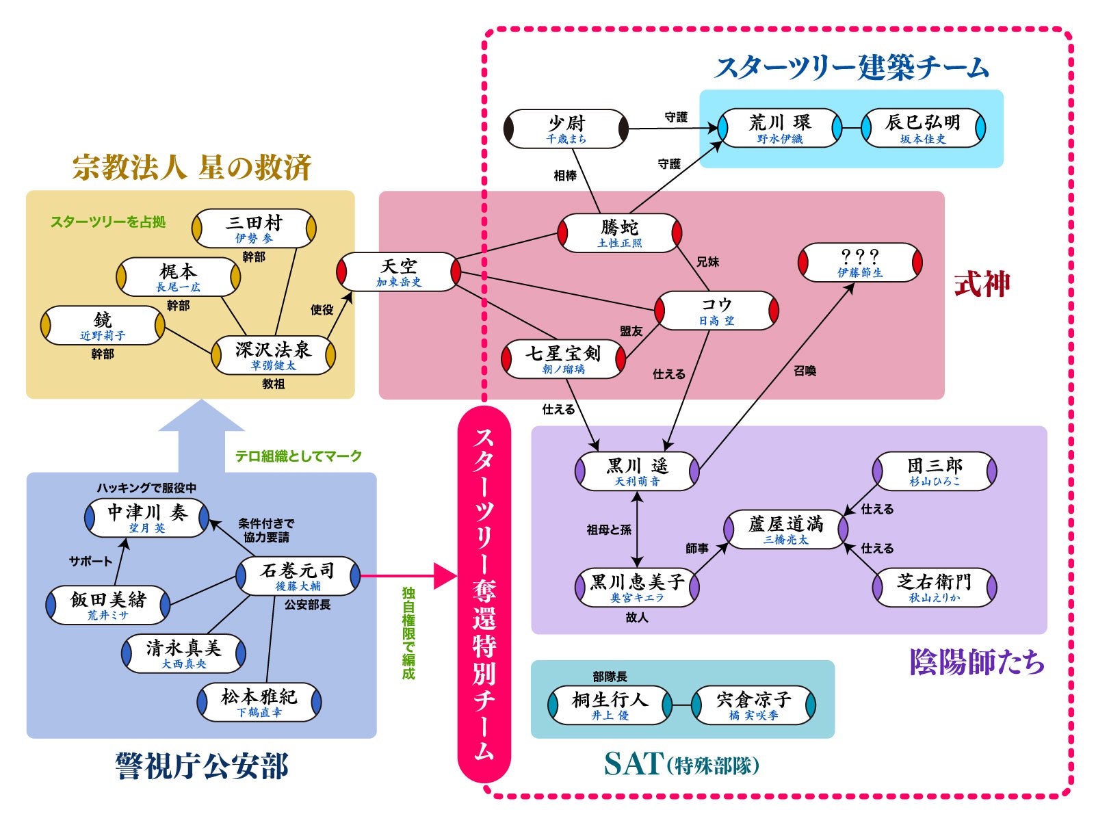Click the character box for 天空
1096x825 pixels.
pos(399,272)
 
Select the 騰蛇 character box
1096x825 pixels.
pos(620,233)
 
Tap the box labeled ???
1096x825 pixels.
pos(860,262)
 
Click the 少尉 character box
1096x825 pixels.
pos(566,129)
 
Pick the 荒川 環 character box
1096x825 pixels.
pos(780,128)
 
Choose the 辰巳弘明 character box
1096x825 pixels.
pos(923,128)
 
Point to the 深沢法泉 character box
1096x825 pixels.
pos(273,355)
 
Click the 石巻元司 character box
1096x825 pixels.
pos(298,576)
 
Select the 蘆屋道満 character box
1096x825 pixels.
pos(786,529)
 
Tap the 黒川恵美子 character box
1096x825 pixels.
pos(637,587)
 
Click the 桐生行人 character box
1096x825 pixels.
pos(610,705)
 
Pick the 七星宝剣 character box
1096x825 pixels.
pos(563,359)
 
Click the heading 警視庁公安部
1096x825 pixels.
pos(202,765)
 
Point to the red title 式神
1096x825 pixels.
pos(982,284)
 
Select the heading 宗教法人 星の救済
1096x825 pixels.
pos(192,167)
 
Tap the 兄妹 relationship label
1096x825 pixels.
pos(708,262)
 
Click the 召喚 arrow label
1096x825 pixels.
pos(805,371)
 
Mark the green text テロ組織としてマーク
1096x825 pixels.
pos(298,456)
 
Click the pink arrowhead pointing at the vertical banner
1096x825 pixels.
pos(445,576)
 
